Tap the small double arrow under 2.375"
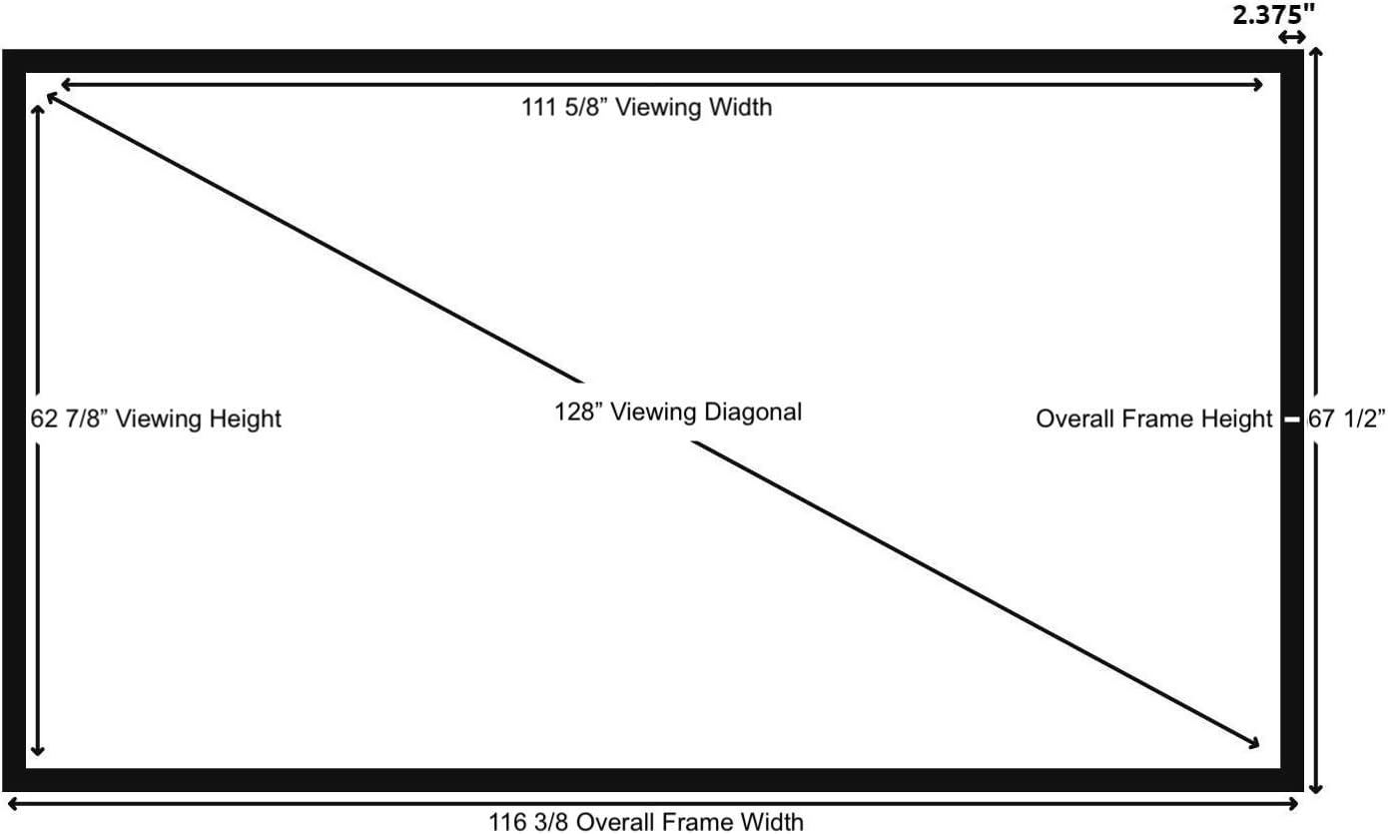coord(1292,38)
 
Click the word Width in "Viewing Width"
coord(740,107)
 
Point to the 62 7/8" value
coord(74,418)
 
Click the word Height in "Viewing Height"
coord(245,418)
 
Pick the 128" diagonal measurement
coord(578,412)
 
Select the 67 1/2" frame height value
coord(1347,419)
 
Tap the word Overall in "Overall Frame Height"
coord(1074,419)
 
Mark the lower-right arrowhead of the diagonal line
coord(1252,742)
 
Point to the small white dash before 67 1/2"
coord(1291,419)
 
